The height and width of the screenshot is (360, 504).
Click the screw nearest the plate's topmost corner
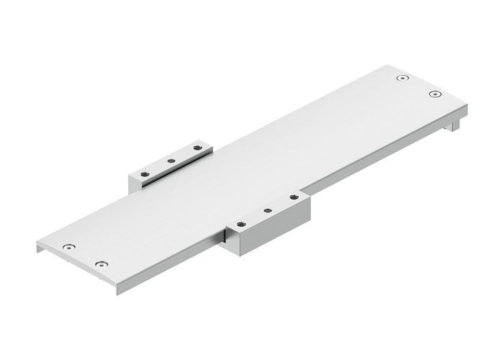[x=402, y=78]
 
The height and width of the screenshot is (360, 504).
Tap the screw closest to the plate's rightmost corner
[x=433, y=94]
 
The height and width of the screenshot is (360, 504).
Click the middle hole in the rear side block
[x=171, y=161]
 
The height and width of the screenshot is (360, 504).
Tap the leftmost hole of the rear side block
[x=145, y=173]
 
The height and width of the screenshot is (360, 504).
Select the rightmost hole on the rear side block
[x=197, y=148]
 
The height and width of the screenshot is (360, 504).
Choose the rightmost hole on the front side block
[x=293, y=196]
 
